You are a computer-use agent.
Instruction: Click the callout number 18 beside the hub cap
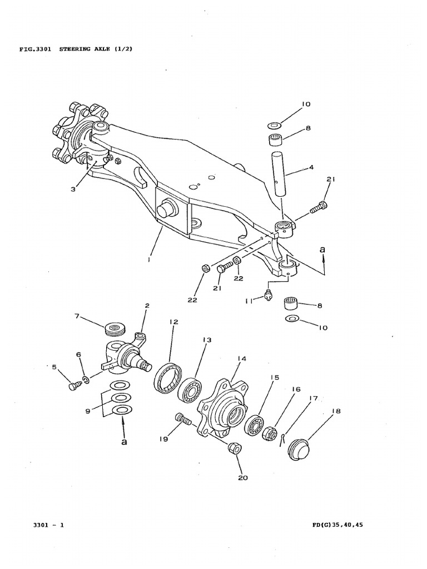pyautogui.click(x=336, y=411)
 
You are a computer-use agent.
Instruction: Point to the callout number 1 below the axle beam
pyautogui.click(x=148, y=258)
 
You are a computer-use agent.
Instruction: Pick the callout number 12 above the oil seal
pyautogui.click(x=173, y=322)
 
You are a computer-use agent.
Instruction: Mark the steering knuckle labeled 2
pyautogui.click(x=131, y=356)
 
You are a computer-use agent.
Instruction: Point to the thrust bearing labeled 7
pyautogui.click(x=116, y=328)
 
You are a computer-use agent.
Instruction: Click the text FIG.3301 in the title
pyautogui.click(x=34, y=49)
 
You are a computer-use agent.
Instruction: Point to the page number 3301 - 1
pyautogui.click(x=48, y=526)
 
